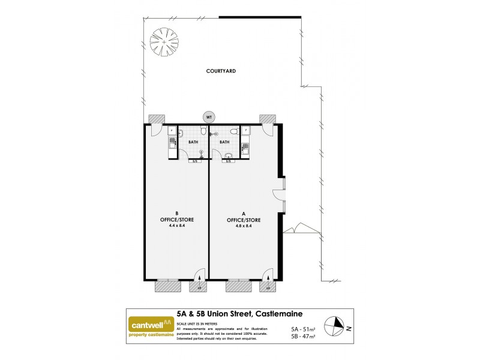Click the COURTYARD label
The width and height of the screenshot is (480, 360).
(x=221, y=71)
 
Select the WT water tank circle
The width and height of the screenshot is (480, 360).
(x=209, y=116)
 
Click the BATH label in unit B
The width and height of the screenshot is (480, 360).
(x=193, y=142)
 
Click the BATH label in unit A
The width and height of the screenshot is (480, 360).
(x=224, y=142)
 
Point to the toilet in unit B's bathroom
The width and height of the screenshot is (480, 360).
(x=204, y=131)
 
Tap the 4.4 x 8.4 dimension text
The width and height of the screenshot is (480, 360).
(x=177, y=226)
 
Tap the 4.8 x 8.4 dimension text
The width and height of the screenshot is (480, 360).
(x=239, y=226)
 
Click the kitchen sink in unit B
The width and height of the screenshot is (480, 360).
(x=172, y=143)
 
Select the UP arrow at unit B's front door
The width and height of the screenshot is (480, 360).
(x=199, y=277)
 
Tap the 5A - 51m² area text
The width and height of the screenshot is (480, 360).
(x=302, y=329)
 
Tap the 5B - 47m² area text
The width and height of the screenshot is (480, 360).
(x=302, y=337)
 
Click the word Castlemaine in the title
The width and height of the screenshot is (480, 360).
(x=279, y=314)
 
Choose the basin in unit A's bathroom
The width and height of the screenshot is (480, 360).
(x=229, y=157)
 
